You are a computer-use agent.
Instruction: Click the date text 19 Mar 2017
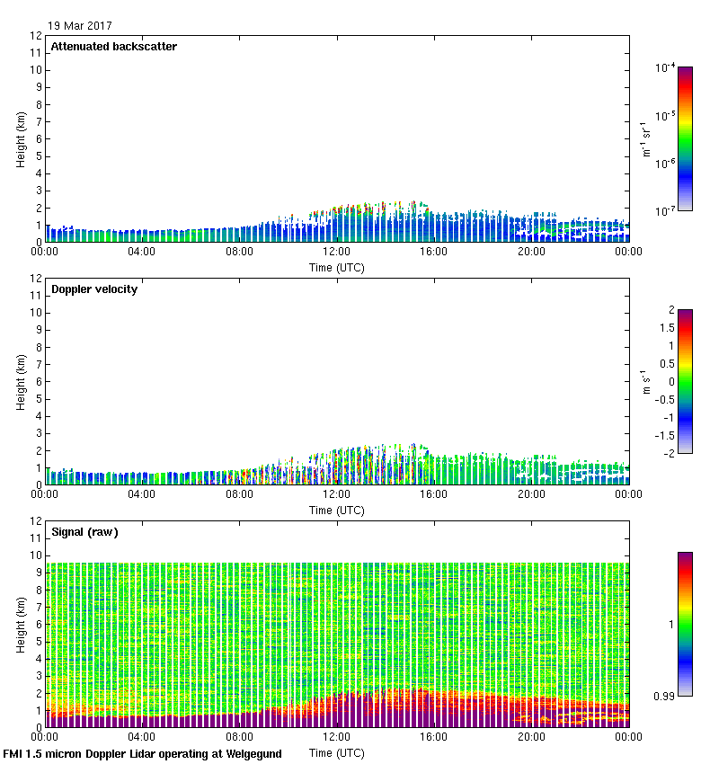[81, 26]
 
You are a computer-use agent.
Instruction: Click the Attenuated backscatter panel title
[114, 47]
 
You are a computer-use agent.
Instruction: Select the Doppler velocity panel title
[94, 289]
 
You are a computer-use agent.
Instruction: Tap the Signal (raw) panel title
[85, 532]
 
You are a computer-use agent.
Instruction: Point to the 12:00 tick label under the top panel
[337, 252]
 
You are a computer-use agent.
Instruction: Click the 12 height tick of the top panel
[37, 36]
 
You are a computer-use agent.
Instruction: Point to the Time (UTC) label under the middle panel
[337, 510]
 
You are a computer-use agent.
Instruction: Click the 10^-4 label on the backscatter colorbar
[665, 68]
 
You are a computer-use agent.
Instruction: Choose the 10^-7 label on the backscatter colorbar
[665, 211]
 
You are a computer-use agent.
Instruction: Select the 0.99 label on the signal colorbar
[663, 696]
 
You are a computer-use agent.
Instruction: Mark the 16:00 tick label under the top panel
[434, 252]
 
